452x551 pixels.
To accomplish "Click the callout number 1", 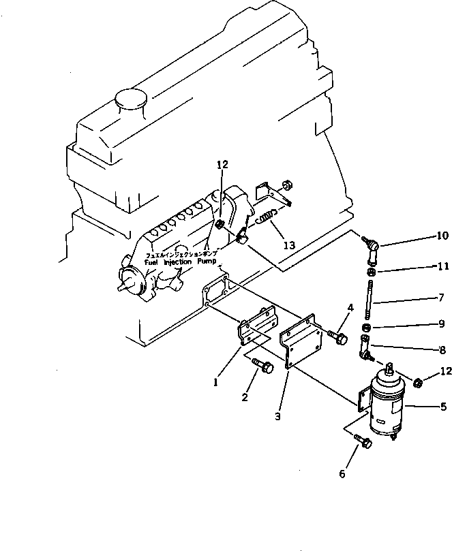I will pyautogui.click(x=215, y=383).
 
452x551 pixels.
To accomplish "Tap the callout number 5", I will pyautogui.click(x=443, y=407).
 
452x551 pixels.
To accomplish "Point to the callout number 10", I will pyautogui.click(x=442, y=236).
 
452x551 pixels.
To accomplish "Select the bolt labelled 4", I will pyautogui.click(x=338, y=337).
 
